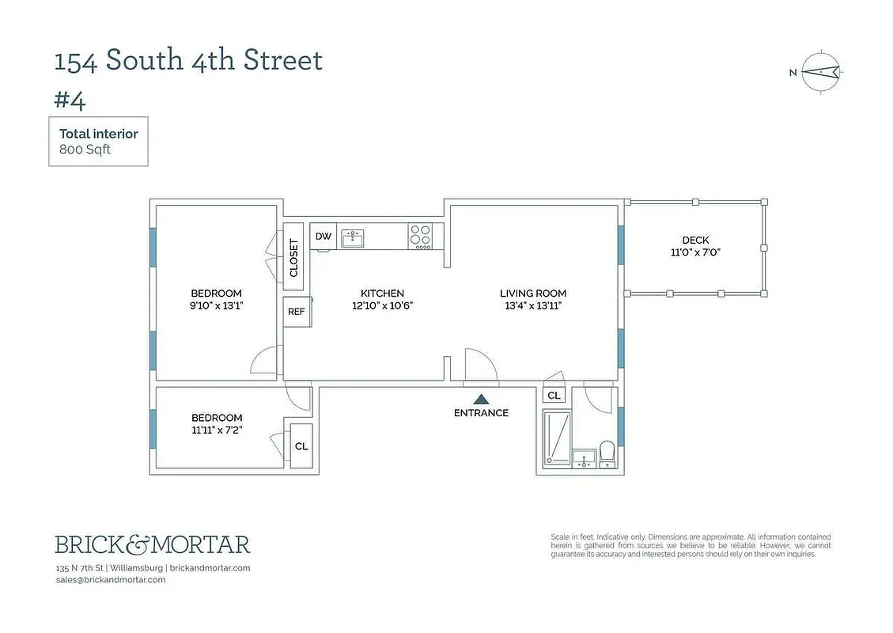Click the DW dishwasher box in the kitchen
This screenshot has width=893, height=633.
[x=324, y=236]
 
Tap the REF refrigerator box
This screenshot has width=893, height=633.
[x=296, y=311]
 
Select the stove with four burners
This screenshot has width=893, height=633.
[x=420, y=237]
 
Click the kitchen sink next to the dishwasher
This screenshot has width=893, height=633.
[x=353, y=237]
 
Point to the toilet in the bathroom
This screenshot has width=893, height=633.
[x=607, y=454]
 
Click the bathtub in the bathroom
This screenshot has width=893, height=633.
[x=557, y=436]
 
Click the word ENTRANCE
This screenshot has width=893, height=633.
[x=481, y=413]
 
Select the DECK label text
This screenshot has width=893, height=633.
[x=695, y=241]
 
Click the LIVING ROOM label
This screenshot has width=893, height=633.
[x=533, y=294]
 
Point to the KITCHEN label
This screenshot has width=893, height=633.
[x=382, y=294]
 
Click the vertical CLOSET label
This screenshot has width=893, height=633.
[x=293, y=258]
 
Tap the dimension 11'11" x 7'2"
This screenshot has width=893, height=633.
[x=217, y=430]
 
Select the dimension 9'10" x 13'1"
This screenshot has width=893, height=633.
[x=216, y=305]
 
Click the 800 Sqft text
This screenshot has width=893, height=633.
[x=85, y=149]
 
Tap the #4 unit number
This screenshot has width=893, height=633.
[x=69, y=101]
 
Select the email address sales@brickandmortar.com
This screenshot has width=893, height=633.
[x=111, y=579]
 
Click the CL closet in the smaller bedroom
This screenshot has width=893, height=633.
[x=301, y=446]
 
